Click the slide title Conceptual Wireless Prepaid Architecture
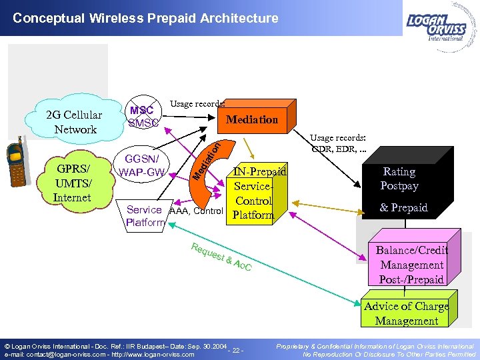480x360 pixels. pyautogui.click(x=145, y=18)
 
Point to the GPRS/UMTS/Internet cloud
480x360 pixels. pyautogui.click(x=74, y=181)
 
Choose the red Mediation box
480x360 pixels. pyautogui.click(x=251, y=119)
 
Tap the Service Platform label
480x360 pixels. pyautogui.click(x=144, y=216)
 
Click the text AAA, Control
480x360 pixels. pyautogui.click(x=196, y=211)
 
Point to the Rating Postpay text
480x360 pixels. pyautogui.click(x=399, y=179)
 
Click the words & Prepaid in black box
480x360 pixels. pyautogui.click(x=403, y=208)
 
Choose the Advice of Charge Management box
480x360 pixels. pyautogui.click(x=406, y=313)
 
